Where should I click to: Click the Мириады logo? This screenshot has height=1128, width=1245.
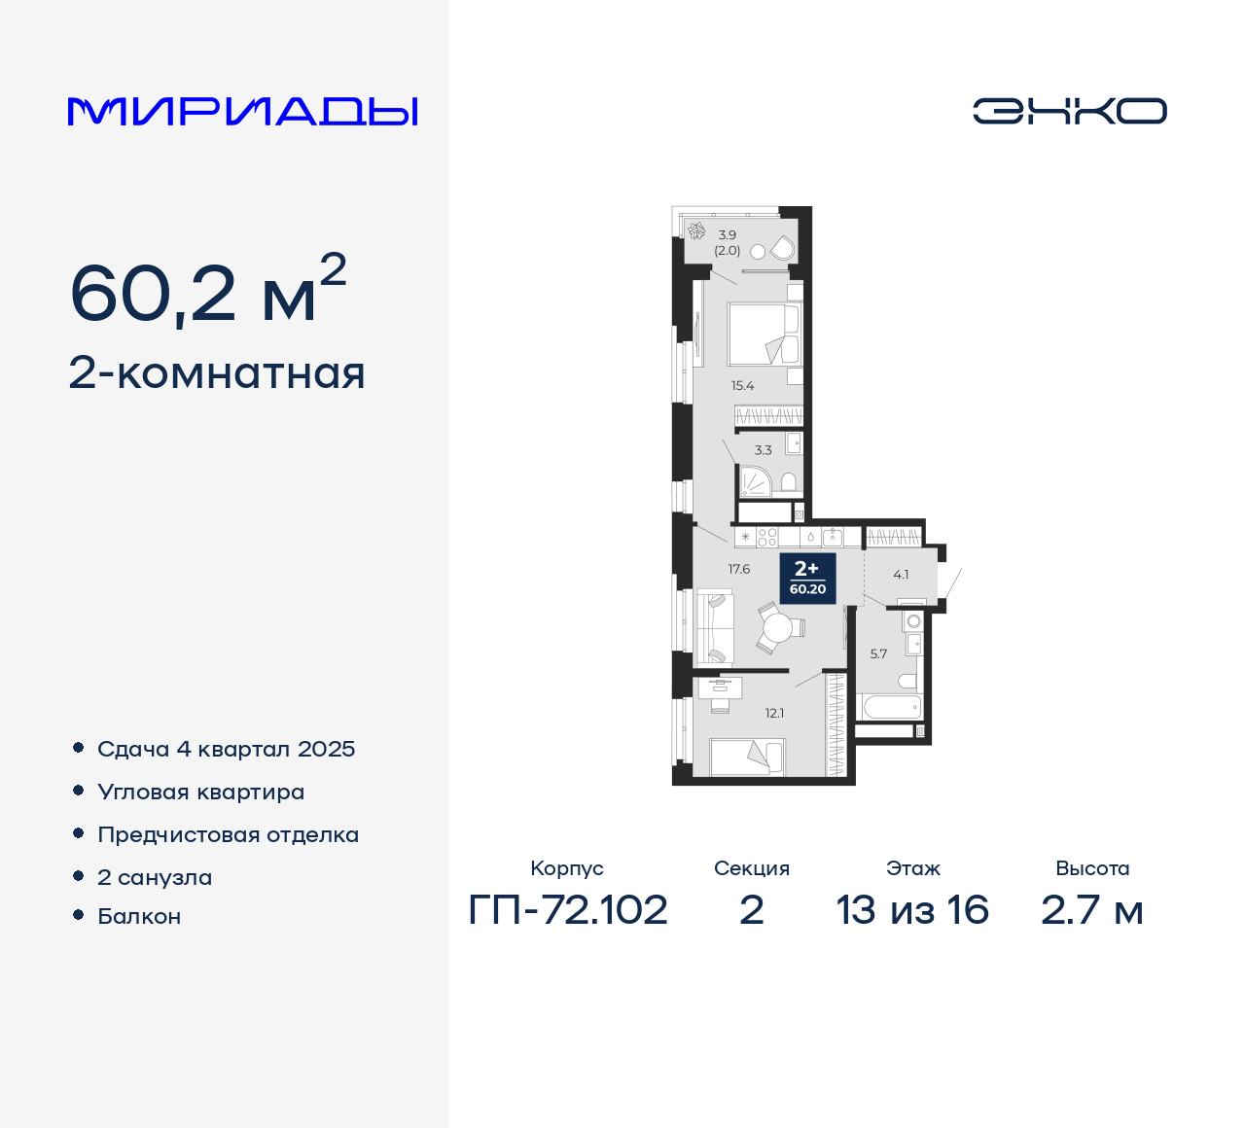[242, 112]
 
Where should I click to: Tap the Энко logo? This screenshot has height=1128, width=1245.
[1069, 111]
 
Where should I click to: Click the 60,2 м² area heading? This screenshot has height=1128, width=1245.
[207, 291]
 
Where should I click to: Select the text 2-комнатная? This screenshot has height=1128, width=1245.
[217, 373]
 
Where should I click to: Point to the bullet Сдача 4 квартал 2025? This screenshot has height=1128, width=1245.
[226, 749]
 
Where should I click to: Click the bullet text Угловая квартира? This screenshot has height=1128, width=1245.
[200, 792]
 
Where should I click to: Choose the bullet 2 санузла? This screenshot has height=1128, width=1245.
[155, 877]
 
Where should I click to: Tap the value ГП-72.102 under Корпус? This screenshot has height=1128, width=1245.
[568, 910]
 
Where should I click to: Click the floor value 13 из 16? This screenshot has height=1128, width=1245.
[912, 910]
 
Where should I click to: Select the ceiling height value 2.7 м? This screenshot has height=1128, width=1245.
[1091, 910]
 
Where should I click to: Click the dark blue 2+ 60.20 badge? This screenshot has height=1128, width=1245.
[807, 578]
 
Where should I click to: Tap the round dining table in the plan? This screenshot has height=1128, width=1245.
[777, 628]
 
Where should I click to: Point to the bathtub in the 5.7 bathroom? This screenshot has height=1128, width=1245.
[888, 707]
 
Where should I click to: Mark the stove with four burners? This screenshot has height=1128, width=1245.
[767, 538]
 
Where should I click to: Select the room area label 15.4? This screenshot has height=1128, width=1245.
[742, 386]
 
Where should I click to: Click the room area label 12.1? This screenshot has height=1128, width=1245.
[774, 713]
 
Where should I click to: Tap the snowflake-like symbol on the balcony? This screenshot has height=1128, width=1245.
[696, 231]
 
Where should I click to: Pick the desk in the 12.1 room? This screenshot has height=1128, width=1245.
[720, 688]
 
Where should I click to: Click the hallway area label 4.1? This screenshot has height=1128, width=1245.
[901, 575]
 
